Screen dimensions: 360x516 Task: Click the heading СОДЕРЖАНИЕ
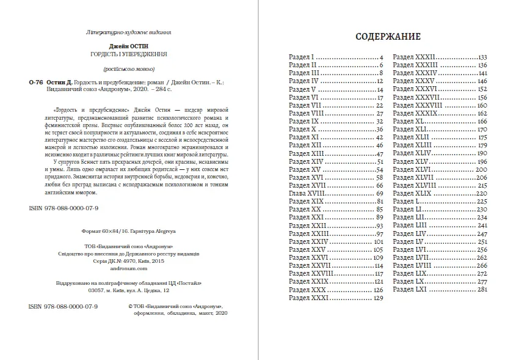click(x=388, y=37)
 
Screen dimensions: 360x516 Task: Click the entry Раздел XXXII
click(x=412, y=56)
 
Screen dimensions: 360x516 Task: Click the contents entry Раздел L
click(x=405, y=201)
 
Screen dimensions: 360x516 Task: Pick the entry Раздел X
click(x=302, y=129)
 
